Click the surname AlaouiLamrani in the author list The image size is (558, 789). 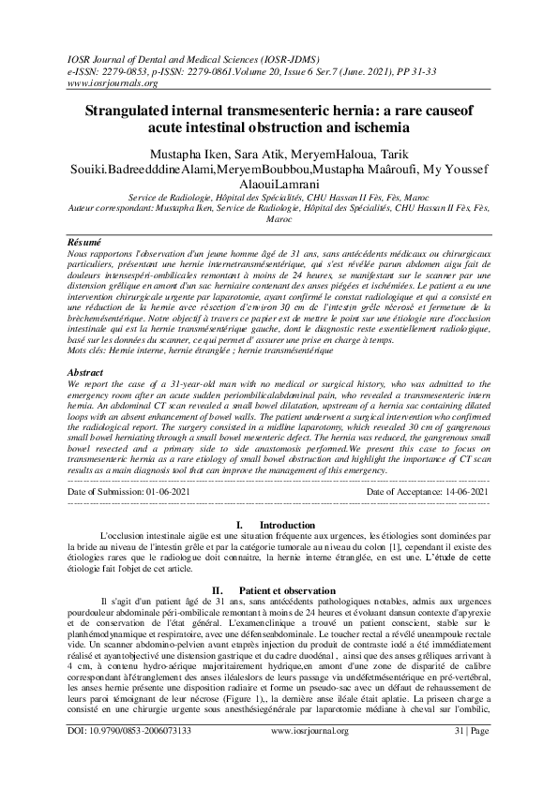click(x=279, y=185)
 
